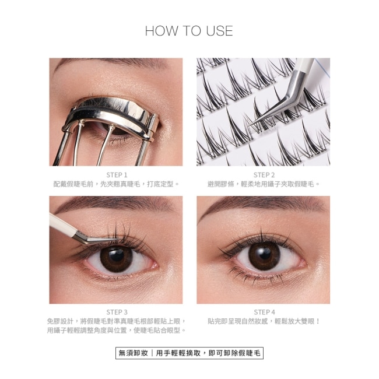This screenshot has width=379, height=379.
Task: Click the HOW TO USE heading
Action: pyautogui.click(x=189, y=31)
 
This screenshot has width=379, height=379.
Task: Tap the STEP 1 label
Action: pyautogui.click(x=117, y=175)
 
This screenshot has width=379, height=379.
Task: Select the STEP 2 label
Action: pyautogui.click(x=264, y=175)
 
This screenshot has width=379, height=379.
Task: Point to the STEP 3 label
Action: pyautogui.click(x=117, y=312)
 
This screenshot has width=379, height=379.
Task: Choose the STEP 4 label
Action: pyautogui.click(x=264, y=312)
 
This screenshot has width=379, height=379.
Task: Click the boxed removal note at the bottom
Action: pyautogui.click(x=189, y=353)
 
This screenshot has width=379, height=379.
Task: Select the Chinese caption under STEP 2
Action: pyautogui.click(x=264, y=184)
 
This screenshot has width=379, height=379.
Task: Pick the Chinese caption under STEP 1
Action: pyautogui.click(x=117, y=184)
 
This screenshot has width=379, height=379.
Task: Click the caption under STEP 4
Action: pyautogui.click(x=264, y=321)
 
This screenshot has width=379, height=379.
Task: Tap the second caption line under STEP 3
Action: pyautogui.click(x=117, y=330)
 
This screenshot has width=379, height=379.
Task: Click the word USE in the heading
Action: pyautogui.click(x=219, y=31)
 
